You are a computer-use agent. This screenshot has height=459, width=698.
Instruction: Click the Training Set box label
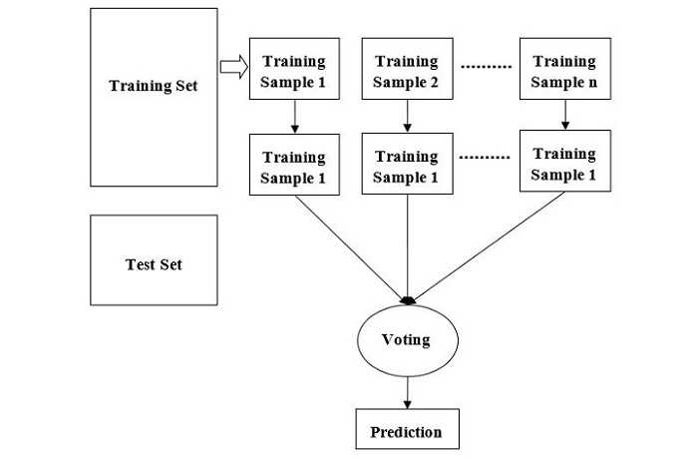(x=153, y=86)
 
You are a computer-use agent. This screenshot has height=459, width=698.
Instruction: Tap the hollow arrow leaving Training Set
(x=232, y=68)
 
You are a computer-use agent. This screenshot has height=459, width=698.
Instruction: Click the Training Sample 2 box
(x=407, y=70)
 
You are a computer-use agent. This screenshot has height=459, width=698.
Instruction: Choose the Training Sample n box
(x=563, y=70)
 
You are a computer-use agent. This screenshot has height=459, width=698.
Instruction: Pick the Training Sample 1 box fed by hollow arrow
(x=293, y=70)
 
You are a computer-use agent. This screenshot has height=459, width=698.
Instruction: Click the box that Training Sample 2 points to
(x=407, y=166)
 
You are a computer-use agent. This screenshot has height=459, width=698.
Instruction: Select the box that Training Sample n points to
(x=563, y=163)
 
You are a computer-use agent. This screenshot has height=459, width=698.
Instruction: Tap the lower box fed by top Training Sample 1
(x=293, y=166)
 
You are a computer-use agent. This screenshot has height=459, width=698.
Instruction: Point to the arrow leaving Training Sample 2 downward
(x=407, y=119)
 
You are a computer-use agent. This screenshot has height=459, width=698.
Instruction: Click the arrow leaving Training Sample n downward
(x=564, y=116)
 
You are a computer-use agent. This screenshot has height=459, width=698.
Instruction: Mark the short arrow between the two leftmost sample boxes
(x=293, y=119)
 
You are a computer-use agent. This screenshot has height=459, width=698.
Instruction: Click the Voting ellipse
(x=406, y=339)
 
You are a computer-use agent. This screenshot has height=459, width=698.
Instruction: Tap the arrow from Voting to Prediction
(x=406, y=390)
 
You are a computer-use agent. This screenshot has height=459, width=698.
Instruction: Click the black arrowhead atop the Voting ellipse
(x=407, y=299)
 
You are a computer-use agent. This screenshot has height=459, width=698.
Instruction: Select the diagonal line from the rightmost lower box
(x=489, y=245)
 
